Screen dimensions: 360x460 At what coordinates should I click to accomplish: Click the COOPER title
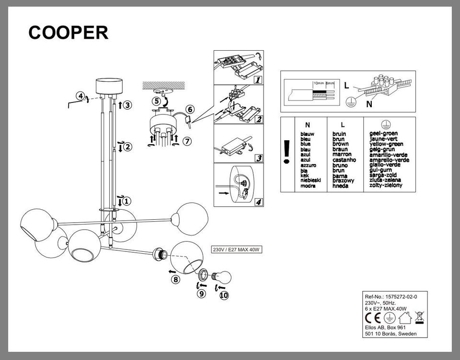(68, 32)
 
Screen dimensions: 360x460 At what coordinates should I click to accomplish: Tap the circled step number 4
(81, 96)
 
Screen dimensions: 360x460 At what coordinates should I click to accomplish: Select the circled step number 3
(126, 105)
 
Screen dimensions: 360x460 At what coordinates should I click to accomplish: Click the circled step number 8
(176, 280)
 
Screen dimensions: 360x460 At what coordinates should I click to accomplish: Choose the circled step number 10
(224, 295)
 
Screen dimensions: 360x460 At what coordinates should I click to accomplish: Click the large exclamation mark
(287, 153)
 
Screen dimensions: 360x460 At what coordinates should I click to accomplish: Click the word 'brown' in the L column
(340, 144)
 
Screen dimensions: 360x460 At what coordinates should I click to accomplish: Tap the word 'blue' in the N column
(305, 144)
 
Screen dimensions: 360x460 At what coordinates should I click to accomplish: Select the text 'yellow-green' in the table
(386, 144)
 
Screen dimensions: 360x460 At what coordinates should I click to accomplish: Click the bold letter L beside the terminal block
(345, 86)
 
